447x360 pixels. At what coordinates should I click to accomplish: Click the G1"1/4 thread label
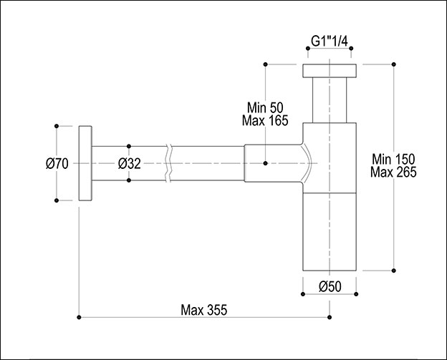[330, 42]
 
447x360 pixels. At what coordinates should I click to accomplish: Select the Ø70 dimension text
[57, 164]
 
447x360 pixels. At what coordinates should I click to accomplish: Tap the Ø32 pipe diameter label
[130, 164]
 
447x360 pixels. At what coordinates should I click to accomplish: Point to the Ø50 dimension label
[330, 286]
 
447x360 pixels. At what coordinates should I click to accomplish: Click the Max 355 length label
[204, 310]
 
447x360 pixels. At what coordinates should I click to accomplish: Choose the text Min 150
[393, 159]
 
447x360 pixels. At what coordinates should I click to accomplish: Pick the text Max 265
[393, 172]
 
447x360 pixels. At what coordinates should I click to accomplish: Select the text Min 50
[265, 107]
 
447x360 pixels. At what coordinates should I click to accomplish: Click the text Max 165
[265, 120]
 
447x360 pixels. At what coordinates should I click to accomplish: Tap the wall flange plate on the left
[85, 163]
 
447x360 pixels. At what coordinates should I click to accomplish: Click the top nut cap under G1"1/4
[330, 71]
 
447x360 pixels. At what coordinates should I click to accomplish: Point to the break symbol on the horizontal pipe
[169, 163]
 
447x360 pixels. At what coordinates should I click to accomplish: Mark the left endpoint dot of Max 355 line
[79, 317]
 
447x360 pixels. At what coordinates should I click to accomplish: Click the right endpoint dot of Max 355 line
[330, 317]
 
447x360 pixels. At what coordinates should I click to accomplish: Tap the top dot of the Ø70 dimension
[57, 126]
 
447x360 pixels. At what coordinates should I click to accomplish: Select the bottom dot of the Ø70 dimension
[57, 200]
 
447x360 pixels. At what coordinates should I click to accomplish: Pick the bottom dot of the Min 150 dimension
[394, 271]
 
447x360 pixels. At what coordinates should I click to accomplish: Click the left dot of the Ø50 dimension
[303, 294]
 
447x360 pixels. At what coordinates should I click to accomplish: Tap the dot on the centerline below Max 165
[265, 163]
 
